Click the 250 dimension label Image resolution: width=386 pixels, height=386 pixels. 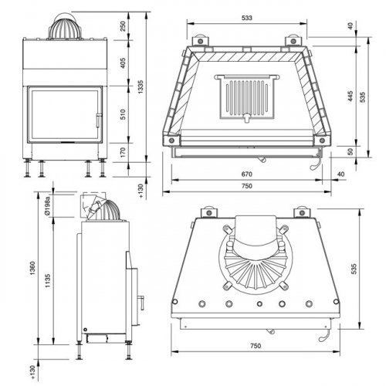point(124,25)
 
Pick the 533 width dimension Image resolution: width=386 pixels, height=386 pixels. point(245,16)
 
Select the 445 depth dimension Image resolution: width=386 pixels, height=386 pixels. point(350,96)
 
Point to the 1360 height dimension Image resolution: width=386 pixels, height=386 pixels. point(32,267)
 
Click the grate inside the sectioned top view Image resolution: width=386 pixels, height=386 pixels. point(246,96)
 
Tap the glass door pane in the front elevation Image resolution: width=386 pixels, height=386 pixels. point(62,116)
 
